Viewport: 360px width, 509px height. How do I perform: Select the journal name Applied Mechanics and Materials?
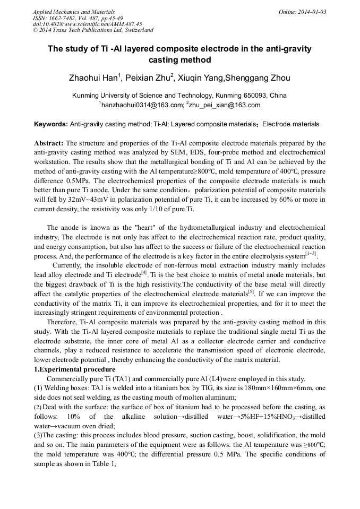pyautogui.click(x=74, y=12)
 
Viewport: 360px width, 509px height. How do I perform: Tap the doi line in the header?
pyautogui.click(x=88, y=24)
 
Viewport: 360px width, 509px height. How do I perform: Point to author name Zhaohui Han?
pyautogui.click(x=93, y=79)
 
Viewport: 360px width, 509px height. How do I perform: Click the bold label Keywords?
pyautogui.click(x=51, y=124)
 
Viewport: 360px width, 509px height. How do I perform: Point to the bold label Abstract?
pyautogui.click(x=49, y=143)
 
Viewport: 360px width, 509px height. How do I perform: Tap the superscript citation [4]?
pyautogui.click(x=144, y=272)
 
